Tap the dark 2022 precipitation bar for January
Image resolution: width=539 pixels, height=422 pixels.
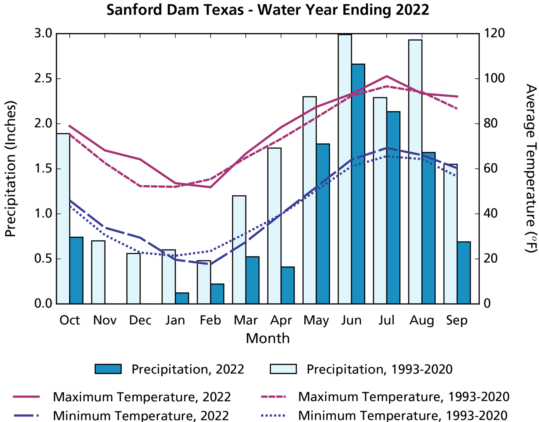pyautogui.click(x=182, y=298)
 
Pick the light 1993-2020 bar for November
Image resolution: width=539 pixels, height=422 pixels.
pyautogui.click(x=98, y=272)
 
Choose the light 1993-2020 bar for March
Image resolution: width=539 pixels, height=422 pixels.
pyautogui.click(x=239, y=250)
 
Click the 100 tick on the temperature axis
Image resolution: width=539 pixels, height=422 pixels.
pyautogui.click(x=494, y=78)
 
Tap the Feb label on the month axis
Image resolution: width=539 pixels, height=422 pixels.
pyautogui.click(x=211, y=320)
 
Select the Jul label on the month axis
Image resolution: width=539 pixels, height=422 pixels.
pyautogui.click(x=386, y=320)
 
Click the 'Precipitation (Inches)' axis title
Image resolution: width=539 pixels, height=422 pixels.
pyautogui.click(x=10, y=169)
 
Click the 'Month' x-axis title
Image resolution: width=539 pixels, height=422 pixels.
pyautogui.click(x=267, y=338)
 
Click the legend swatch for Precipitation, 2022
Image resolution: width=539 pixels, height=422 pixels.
pyautogui.click(x=108, y=369)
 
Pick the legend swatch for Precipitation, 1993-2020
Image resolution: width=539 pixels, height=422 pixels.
pyautogui.click(x=283, y=369)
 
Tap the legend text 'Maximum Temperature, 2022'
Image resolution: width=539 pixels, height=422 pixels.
pyautogui.click(x=142, y=397)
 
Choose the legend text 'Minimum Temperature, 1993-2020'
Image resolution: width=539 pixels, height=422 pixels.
pyautogui.click(x=403, y=415)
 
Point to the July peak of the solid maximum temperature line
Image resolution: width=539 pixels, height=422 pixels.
pyautogui.click(x=386, y=76)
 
